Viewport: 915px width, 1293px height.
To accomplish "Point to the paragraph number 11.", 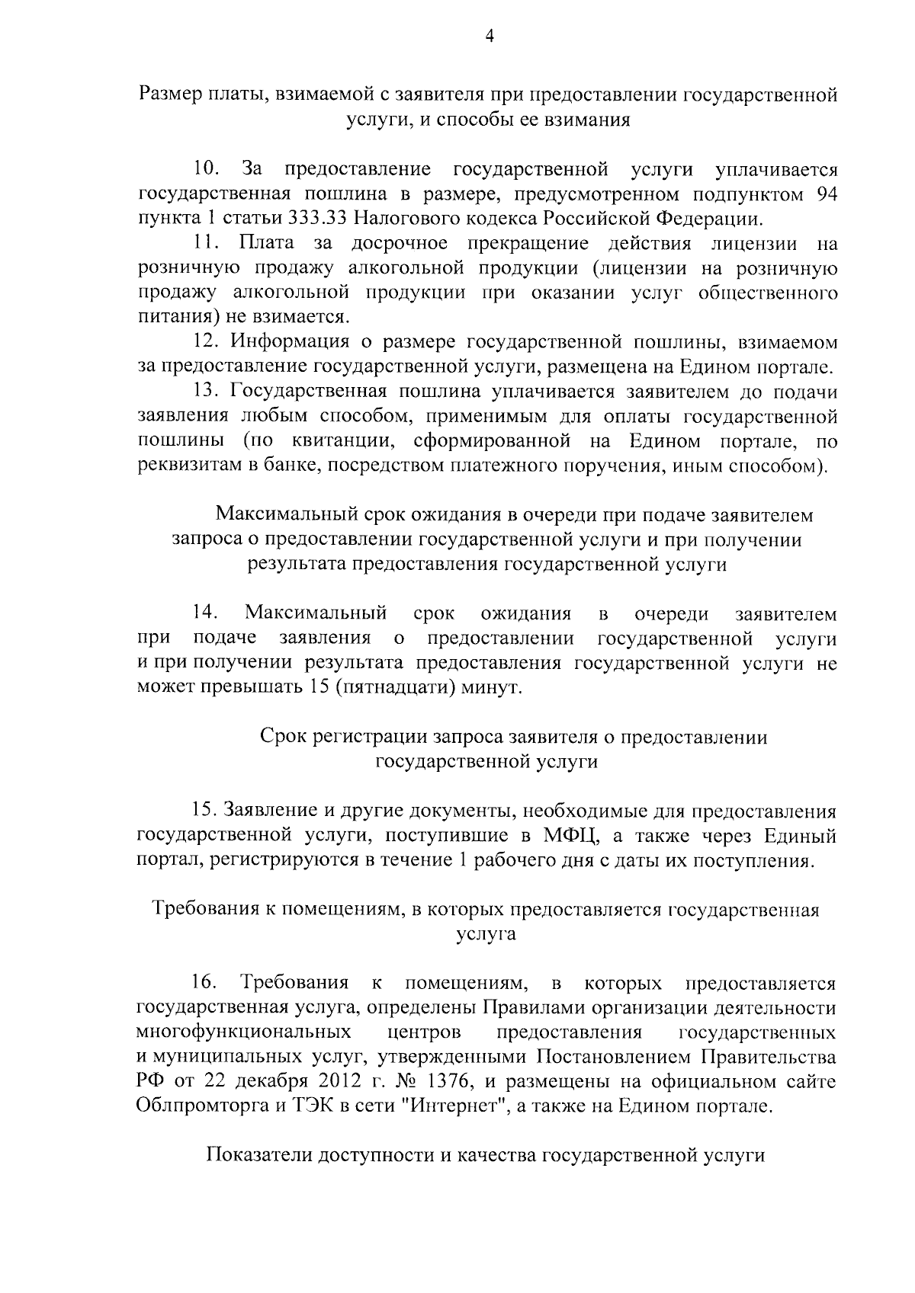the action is click(207, 244).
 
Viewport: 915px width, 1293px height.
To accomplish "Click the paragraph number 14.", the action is click(207, 613).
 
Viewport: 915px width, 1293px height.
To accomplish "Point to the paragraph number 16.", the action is click(207, 983).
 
